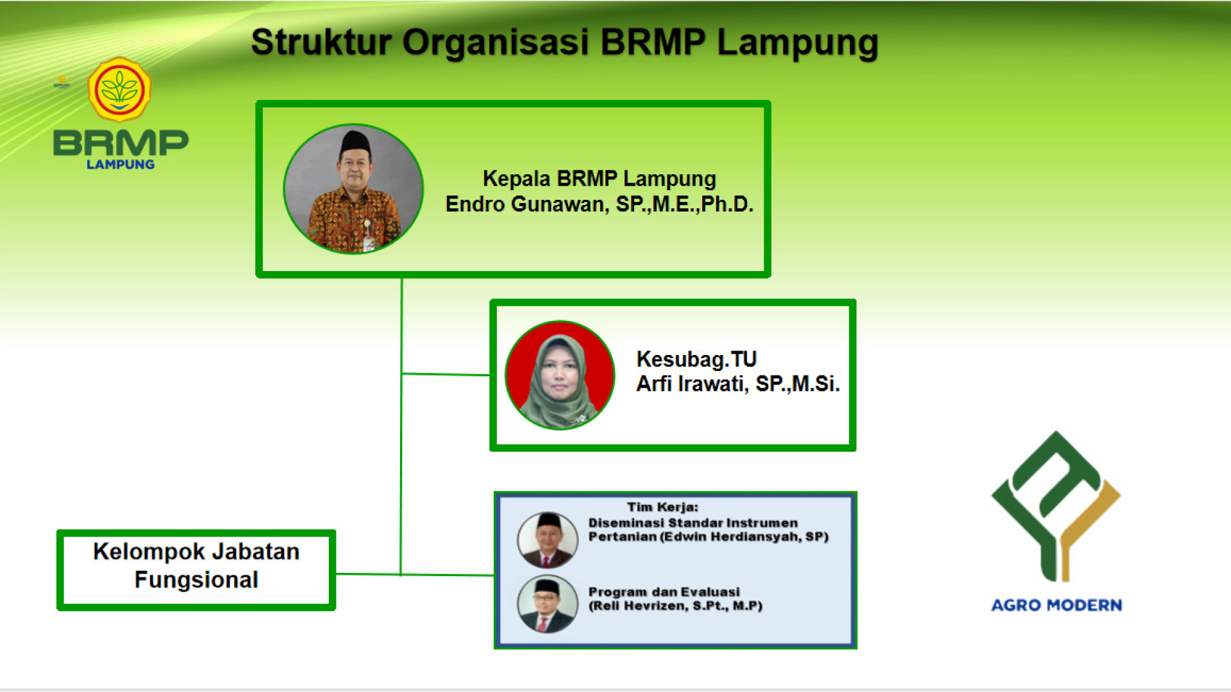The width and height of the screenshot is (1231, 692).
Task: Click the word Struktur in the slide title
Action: pos(321,43)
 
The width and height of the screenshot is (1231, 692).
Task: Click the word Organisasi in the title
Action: pos(496,43)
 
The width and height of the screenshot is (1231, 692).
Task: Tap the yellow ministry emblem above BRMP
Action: pos(119,89)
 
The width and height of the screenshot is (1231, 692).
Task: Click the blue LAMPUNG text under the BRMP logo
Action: pos(121,165)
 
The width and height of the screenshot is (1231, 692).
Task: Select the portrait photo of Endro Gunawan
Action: pos(353,189)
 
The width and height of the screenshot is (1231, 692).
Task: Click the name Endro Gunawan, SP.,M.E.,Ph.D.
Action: pos(599,204)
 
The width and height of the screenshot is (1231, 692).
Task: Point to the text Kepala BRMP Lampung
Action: pos(599,179)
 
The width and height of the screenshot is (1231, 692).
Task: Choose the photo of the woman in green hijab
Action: pos(560,375)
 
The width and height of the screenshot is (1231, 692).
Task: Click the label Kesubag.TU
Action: pos(696,359)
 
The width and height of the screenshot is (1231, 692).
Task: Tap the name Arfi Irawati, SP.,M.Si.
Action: pos(738,384)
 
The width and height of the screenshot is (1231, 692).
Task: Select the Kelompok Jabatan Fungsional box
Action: pos(196,570)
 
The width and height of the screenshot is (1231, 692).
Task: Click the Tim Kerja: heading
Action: pos(662,507)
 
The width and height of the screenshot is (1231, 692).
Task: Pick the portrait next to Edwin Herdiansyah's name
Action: pos(548,540)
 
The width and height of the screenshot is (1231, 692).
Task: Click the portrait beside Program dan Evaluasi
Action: pos(548,604)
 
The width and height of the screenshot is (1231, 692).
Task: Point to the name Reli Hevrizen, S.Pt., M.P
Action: pos(676,606)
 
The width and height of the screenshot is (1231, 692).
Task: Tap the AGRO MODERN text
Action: pos(1057,605)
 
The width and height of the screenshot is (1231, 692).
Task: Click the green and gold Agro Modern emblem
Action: pos(1056,506)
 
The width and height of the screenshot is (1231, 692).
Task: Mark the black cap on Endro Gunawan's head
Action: pos(355,142)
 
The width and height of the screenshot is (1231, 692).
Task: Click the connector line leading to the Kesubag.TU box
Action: pos(446,374)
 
